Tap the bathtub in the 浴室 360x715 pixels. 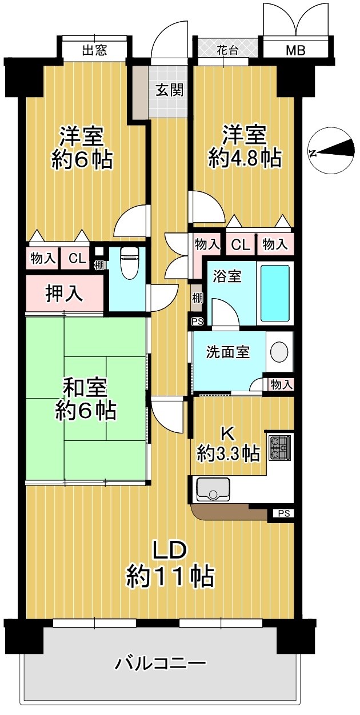pos(275,293)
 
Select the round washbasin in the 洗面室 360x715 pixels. pos(279,351)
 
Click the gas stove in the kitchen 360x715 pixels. pos(279,448)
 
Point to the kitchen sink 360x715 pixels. pos(213,489)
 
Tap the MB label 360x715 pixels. pos(296,50)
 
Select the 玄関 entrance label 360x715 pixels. pos(170,90)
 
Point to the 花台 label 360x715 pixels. pos(227,50)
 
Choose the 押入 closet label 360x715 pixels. pos(64,294)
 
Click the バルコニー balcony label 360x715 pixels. pos(161,662)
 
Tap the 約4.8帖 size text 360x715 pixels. pos(245,158)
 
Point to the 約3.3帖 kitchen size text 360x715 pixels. pos(228,453)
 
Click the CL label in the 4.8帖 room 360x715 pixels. pos(241,245)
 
